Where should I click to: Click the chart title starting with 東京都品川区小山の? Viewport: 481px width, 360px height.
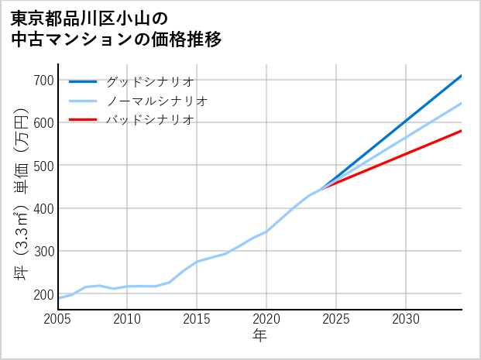[x=116, y=29]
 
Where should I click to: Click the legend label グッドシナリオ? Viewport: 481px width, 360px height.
[x=149, y=81]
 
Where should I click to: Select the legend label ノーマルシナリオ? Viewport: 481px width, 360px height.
[x=156, y=101]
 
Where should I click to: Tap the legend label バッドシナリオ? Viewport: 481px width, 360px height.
[x=149, y=120]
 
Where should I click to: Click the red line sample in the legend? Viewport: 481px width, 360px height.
[x=83, y=120]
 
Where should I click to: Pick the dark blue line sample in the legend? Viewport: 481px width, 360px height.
[x=83, y=81]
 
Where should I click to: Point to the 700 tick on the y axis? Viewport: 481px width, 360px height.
[x=44, y=80]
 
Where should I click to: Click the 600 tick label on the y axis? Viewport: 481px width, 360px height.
[x=44, y=122]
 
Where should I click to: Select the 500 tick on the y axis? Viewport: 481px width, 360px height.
[x=44, y=166]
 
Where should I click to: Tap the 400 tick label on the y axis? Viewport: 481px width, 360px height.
[x=44, y=208]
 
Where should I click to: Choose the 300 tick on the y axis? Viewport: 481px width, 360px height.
[x=44, y=252]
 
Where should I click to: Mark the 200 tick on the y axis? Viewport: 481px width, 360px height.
[x=44, y=294]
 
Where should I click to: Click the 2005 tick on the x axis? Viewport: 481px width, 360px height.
[x=58, y=319]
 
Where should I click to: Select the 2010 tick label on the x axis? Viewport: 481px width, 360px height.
[x=127, y=319]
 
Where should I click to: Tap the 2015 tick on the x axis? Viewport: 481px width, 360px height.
[x=197, y=319]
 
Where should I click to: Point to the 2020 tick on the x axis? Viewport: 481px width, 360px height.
[x=266, y=319]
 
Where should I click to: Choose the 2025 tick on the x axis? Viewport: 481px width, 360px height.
[x=336, y=319]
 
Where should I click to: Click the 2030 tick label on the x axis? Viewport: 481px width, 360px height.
[x=406, y=319]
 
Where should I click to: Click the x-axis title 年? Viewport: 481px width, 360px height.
[x=259, y=336]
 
